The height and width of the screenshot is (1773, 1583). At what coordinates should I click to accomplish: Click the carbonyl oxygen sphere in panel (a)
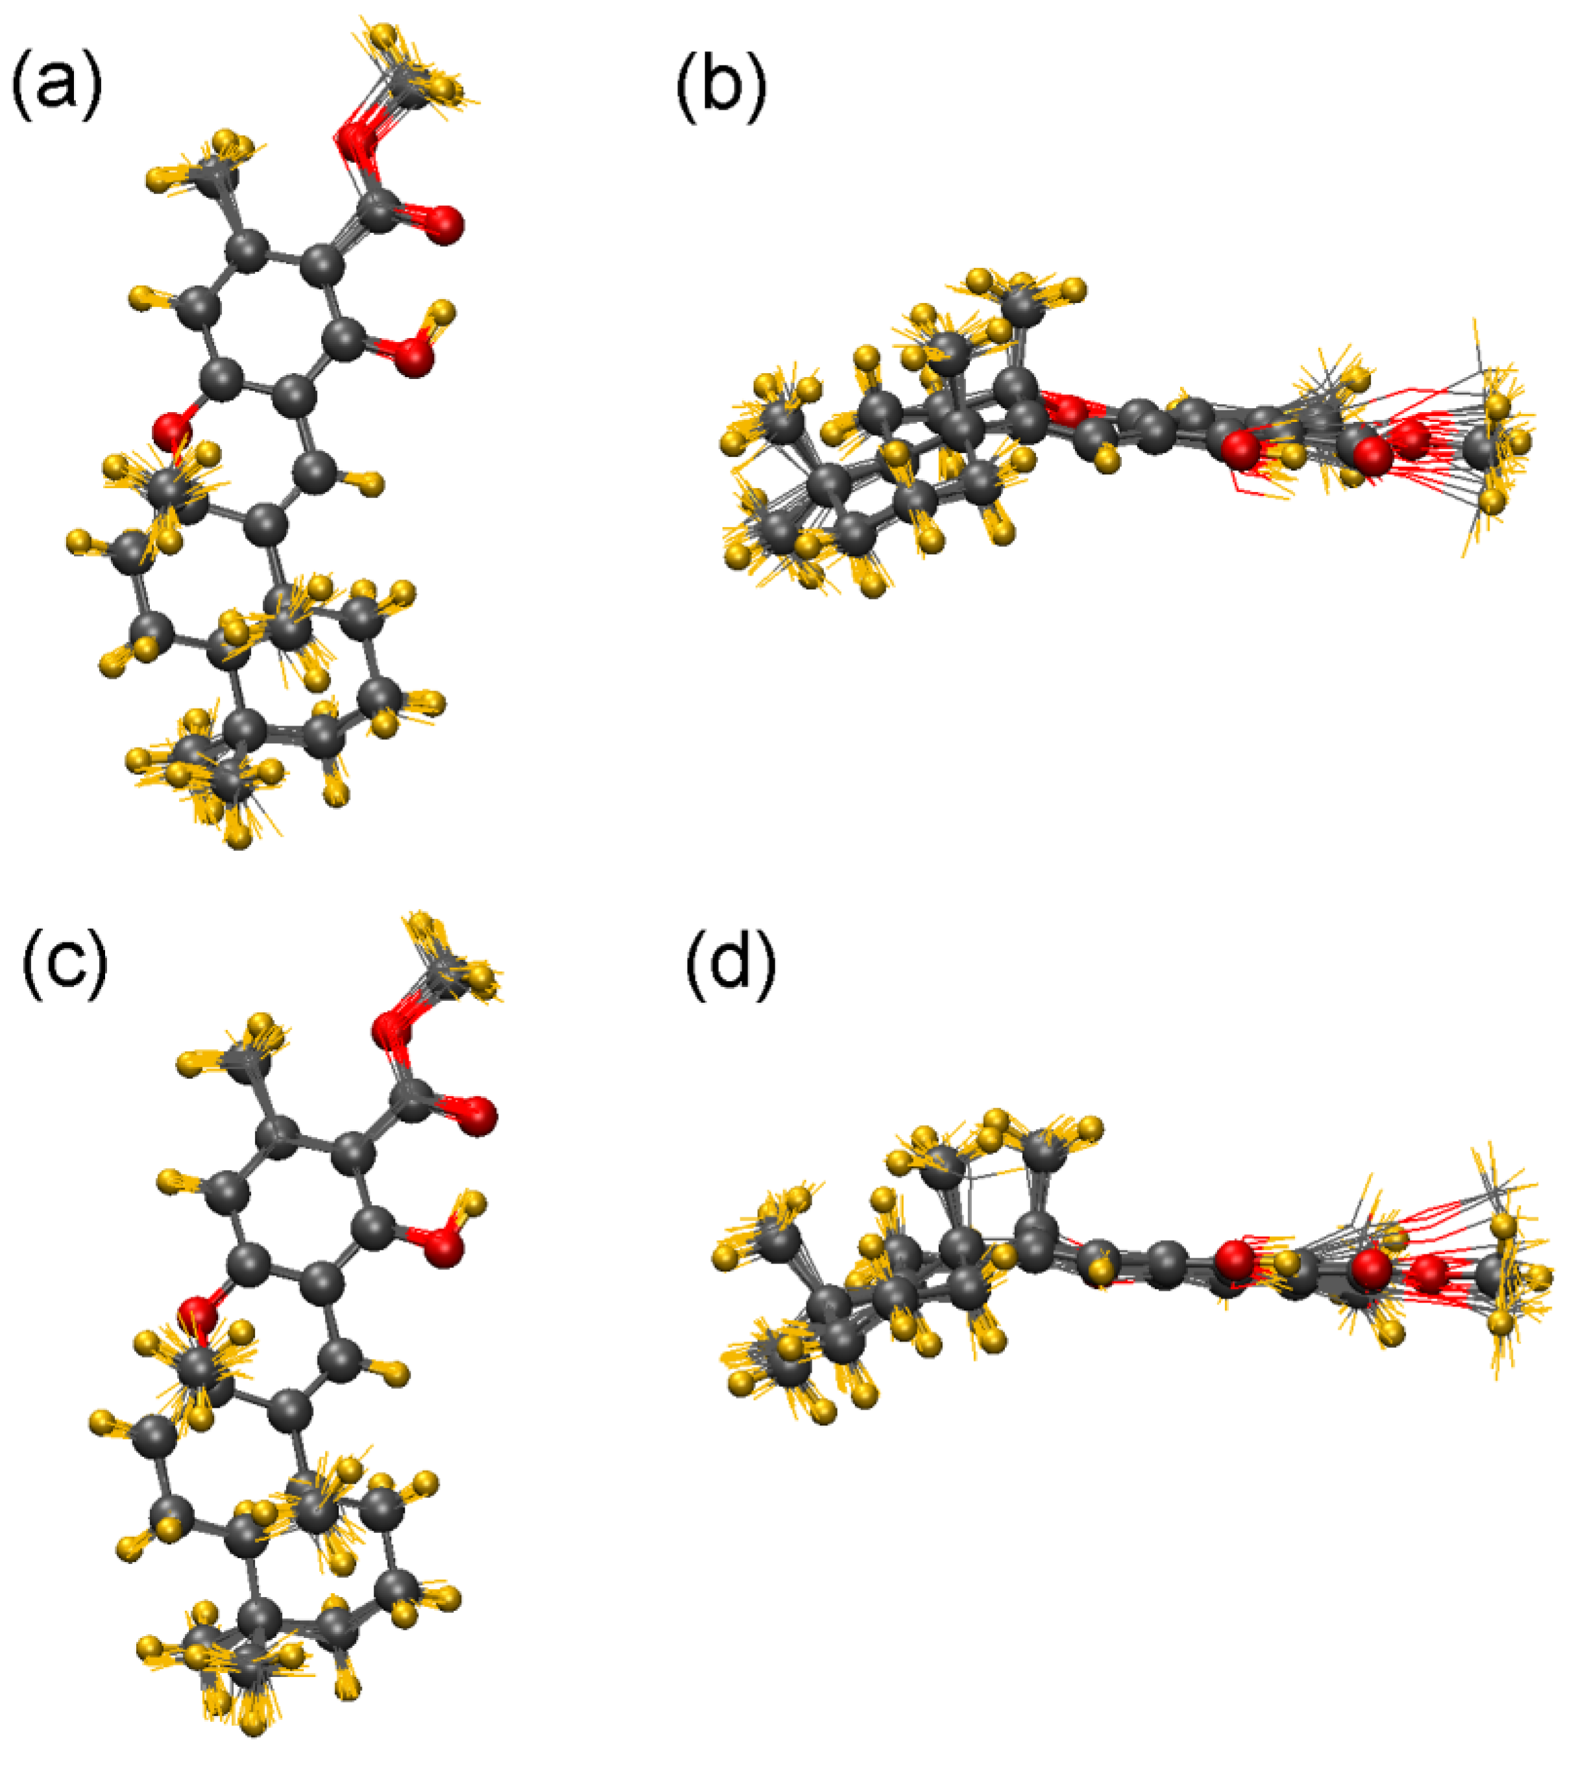pyautogui.click(x=444, y=225)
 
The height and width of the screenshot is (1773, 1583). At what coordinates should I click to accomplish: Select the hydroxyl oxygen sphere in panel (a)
pyautogui.click(x=415, y=358)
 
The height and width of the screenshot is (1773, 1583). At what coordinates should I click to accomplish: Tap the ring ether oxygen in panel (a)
pyautogui.click(x=171, y=430)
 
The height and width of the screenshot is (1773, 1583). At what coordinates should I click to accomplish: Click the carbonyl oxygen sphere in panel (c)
pyautogui.click(x=477, y=1116)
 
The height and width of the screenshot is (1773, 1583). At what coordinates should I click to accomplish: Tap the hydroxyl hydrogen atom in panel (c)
pyautogui.click(x=472, y=1204)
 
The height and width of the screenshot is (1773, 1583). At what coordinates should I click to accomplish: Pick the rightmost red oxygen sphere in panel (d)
pyautogui.click(x=1427, y=1275)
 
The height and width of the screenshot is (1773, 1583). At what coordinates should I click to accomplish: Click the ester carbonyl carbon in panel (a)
pyautogui.click(x=380, y=210)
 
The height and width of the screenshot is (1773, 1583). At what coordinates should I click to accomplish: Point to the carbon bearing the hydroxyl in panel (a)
pyautogui.click(x=345, y=337)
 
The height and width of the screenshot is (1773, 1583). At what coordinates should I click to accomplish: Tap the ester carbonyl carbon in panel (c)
pyautogui.click(x=412, y=1101)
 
